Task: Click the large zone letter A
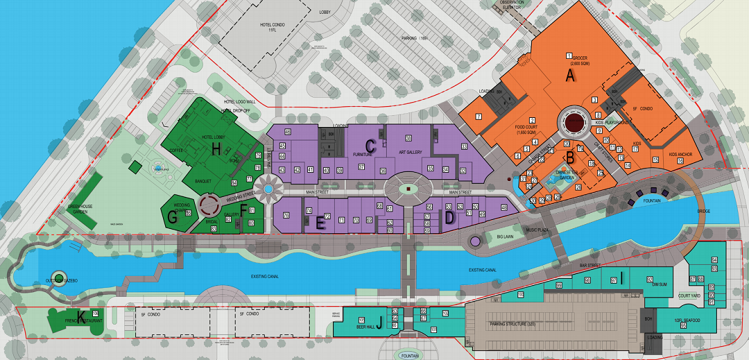[571, 76]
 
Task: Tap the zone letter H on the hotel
[216, 148]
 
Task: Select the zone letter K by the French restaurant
[82, 318]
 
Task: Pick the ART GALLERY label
[411, 152]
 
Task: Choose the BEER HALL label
[365, 325]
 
